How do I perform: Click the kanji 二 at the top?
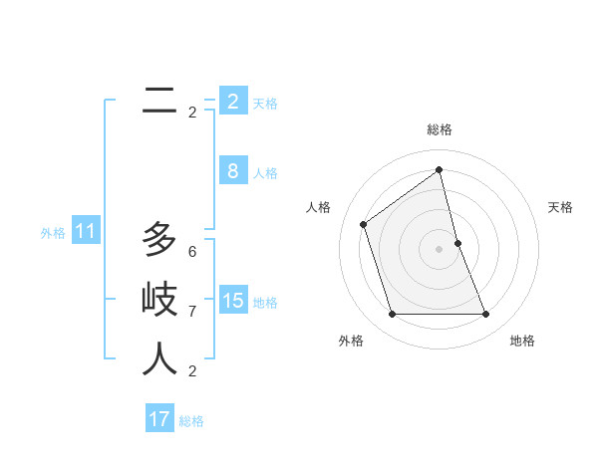point(159,100)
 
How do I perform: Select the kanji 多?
point(159,239)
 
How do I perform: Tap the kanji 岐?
point(159,299)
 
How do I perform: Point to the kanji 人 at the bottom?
point(159,358)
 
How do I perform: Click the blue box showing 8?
point(232,171)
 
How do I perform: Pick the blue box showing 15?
point(232,300)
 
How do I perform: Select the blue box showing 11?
point(85,232)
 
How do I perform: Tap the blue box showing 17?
point(159,419)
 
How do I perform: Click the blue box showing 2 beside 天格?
point(232,102)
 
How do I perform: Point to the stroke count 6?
point(192,252)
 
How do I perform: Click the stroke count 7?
point(192,312)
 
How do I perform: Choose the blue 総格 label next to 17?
point(191,421)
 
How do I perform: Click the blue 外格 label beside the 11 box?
point(53,233)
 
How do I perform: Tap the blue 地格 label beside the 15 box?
point(265,302)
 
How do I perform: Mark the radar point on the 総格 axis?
point(439,169)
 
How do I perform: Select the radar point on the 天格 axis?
point(457,242)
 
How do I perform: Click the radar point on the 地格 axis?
point(485,315)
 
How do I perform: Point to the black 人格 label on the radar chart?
point(318,207)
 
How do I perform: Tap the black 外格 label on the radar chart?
point(351,341)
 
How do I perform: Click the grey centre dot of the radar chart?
point(439,248)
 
